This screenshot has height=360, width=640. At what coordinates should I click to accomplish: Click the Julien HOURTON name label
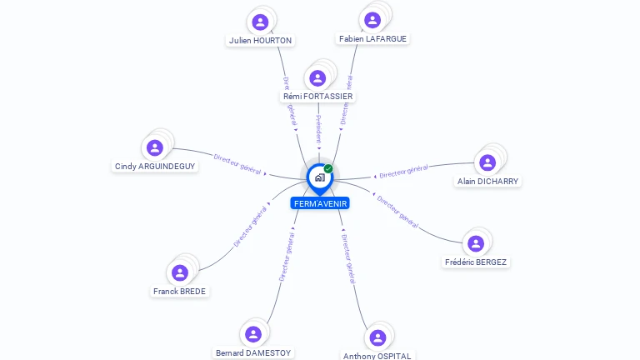261,40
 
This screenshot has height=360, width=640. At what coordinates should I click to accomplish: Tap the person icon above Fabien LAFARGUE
372,19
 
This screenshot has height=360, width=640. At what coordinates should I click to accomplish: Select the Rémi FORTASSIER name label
317,97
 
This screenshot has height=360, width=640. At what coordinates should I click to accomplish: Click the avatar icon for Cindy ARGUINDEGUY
155,147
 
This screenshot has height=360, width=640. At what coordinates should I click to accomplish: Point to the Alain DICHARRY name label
487,181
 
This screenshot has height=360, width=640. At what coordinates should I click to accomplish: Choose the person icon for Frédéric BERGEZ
476,243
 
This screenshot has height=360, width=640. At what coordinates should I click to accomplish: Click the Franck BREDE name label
180,292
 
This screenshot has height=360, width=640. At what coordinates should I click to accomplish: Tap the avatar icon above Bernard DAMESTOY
252,334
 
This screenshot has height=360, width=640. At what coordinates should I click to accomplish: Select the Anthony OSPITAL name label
377,356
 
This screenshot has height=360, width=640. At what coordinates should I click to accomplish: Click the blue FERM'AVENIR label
320,203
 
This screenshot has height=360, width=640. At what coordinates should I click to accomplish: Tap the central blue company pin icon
319,177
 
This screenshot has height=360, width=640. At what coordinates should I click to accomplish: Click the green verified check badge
328,168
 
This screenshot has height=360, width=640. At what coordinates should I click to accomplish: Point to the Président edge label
318,129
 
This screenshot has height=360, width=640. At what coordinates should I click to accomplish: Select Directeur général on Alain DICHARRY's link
403,172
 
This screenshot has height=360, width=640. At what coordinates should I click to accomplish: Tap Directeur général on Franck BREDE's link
250,227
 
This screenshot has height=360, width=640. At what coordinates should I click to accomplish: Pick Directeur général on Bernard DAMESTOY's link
286,257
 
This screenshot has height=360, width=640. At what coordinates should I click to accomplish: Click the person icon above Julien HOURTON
261,22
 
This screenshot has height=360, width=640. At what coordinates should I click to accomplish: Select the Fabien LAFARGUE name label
373,38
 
